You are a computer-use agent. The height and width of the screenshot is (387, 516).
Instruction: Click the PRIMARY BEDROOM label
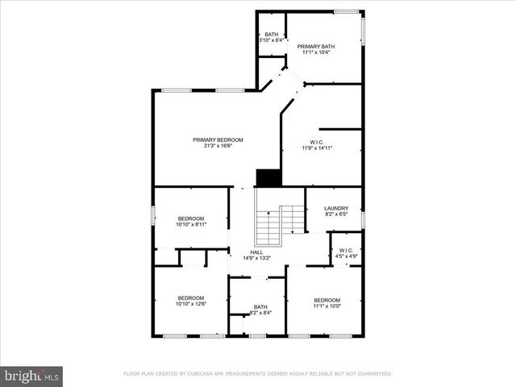218,139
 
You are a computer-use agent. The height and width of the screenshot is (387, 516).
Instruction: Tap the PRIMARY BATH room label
316,47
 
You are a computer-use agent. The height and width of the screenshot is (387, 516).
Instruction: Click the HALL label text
256,252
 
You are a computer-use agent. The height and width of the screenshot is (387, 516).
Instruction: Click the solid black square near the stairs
268,178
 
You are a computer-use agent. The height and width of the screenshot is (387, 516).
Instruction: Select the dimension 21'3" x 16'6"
218,146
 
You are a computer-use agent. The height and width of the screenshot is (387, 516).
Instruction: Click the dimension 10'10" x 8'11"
191,225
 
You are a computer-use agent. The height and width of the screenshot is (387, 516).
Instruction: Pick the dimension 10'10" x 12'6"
191,304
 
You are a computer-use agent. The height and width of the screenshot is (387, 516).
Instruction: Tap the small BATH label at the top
271,34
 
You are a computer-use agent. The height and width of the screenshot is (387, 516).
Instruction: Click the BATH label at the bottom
260,306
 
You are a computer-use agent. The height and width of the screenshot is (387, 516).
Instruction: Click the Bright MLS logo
31,376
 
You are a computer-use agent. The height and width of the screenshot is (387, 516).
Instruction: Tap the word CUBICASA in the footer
207,374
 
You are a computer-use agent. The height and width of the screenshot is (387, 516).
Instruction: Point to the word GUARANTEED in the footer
372,374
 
